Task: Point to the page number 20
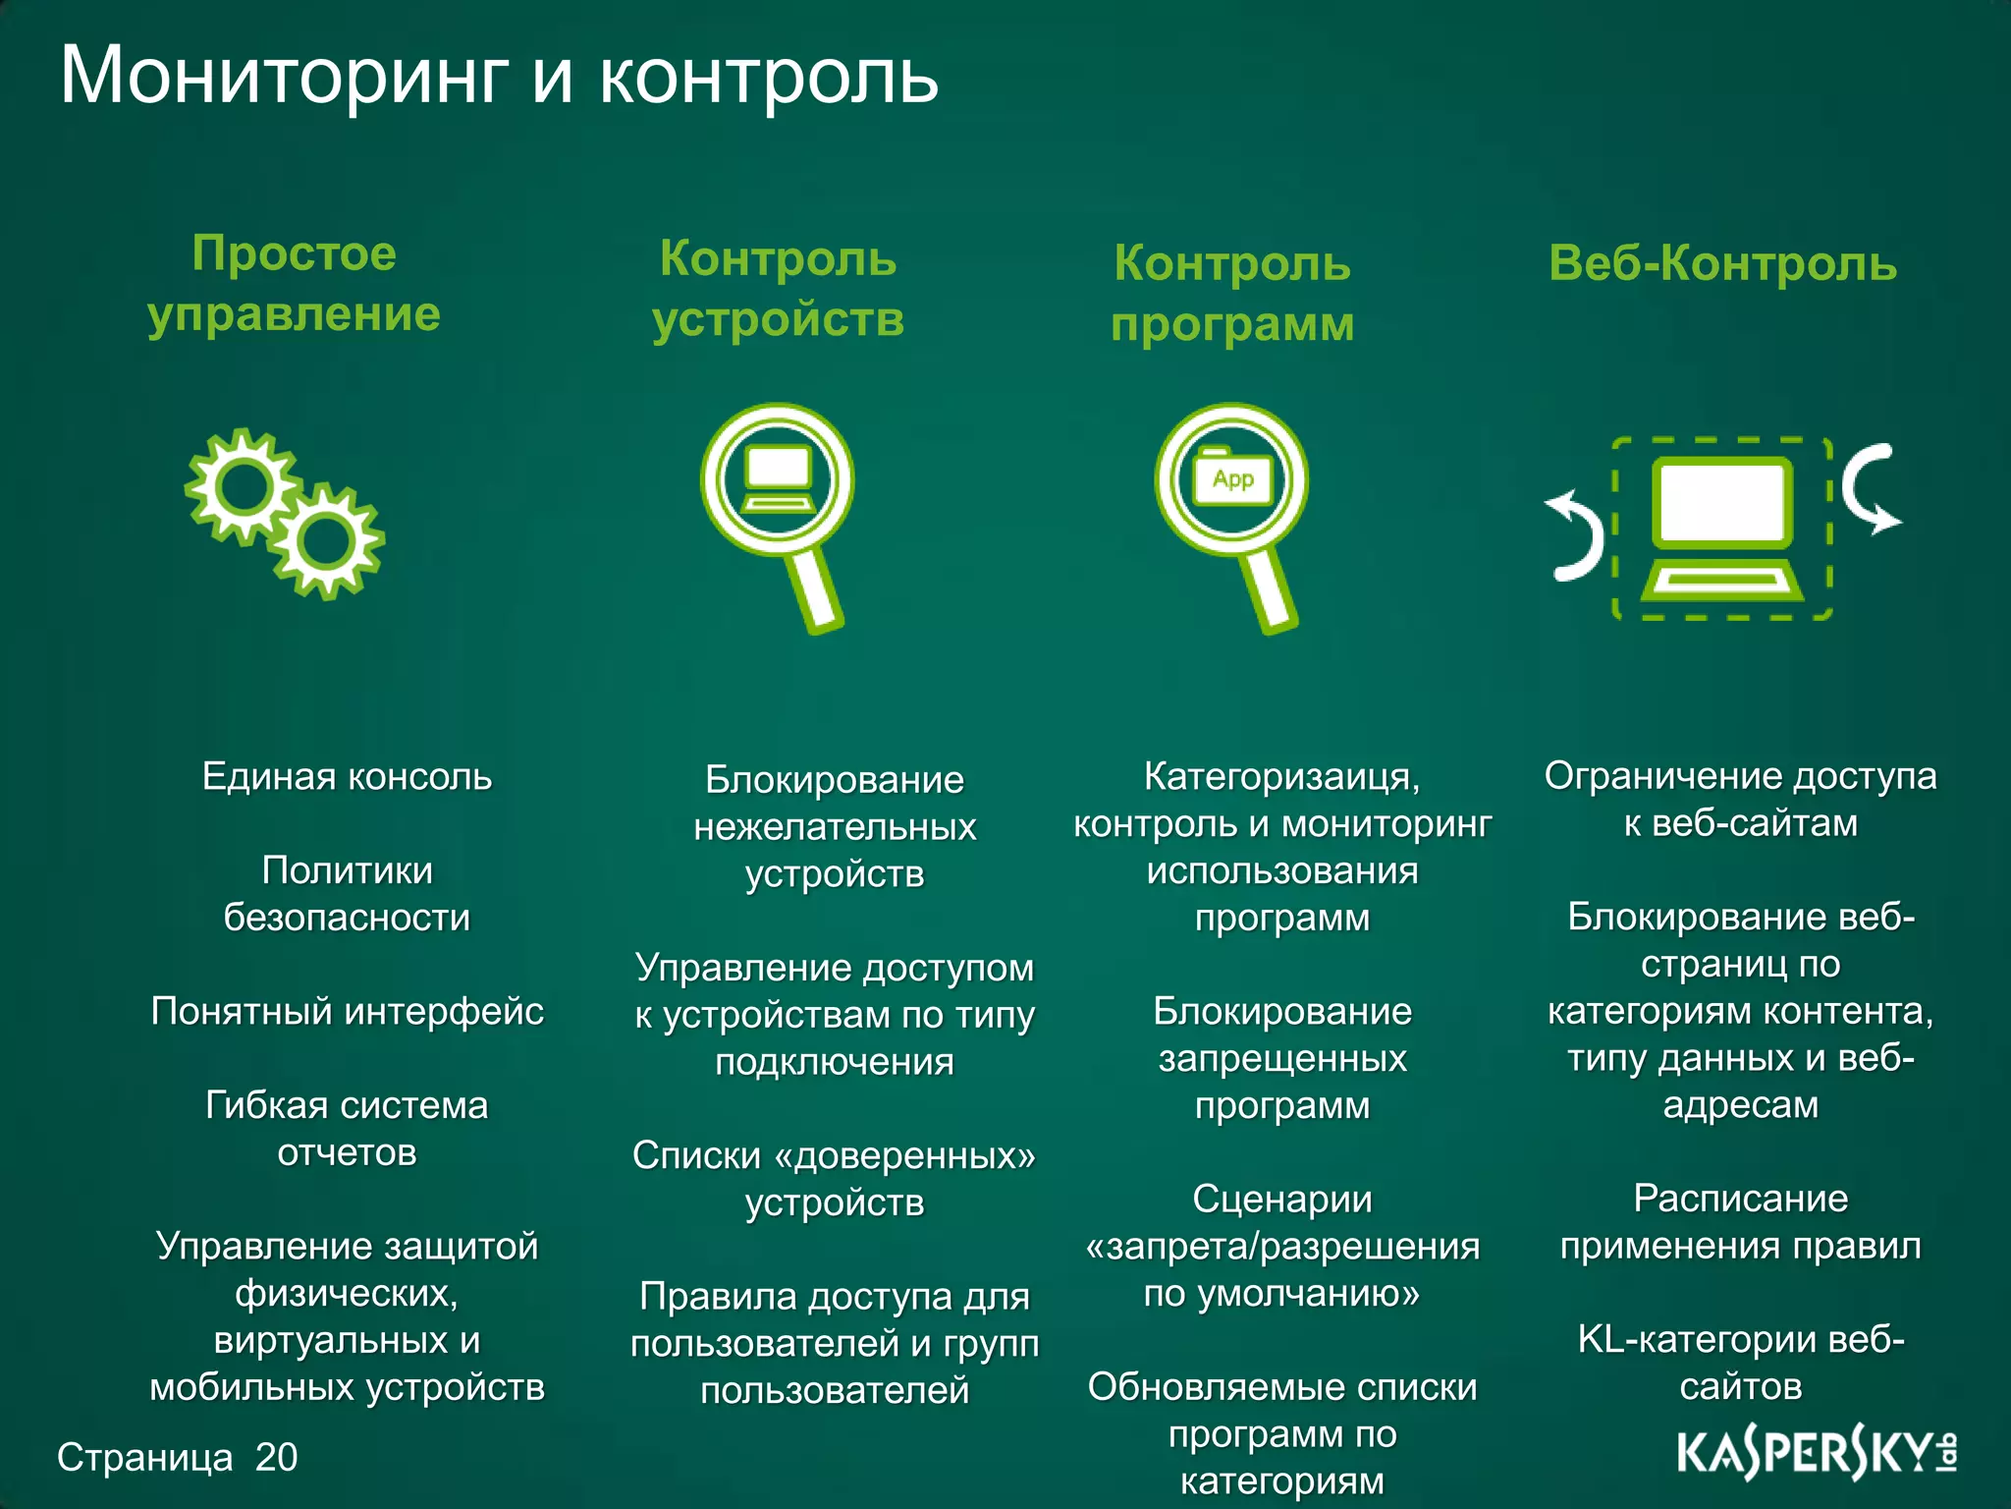[276, 1457]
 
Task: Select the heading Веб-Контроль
[1722, 263]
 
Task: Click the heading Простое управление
[294, 284]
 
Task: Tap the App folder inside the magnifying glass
[1232, 478]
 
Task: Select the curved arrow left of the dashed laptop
[1577, 536]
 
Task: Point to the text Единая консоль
[347, 777]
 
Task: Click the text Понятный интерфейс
[347, 1011]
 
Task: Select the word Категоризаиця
[1280, 777]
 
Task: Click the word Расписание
[1740, 1199]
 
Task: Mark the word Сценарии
[1281, 1199]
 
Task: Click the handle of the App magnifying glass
[1273, 589]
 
